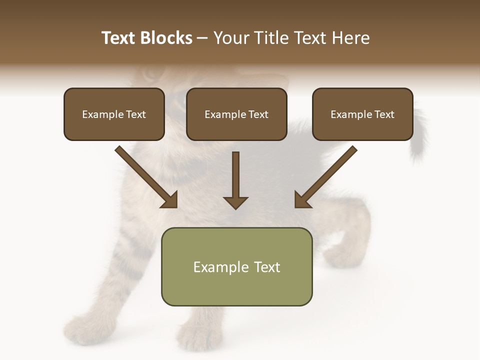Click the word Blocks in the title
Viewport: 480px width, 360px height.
[166, 38]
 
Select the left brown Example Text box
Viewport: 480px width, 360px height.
[114, 114]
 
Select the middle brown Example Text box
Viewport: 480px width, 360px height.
[236, 114]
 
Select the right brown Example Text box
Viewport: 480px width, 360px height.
[362, 114]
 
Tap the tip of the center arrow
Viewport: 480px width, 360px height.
[235, 207]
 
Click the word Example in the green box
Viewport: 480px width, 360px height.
[214, 267]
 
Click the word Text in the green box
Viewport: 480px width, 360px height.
[267, 267]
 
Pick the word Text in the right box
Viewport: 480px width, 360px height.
[384, 114]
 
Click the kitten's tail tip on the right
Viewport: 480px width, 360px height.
[417, 155]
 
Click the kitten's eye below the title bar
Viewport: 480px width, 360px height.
[149, 75]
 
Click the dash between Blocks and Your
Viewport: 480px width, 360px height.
[202, 38]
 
